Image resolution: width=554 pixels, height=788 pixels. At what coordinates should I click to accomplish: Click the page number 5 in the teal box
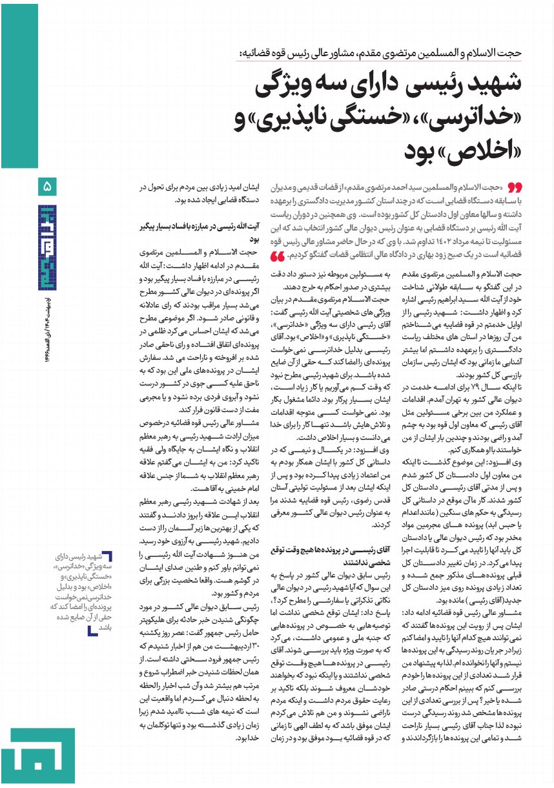(x=48, y=187)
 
